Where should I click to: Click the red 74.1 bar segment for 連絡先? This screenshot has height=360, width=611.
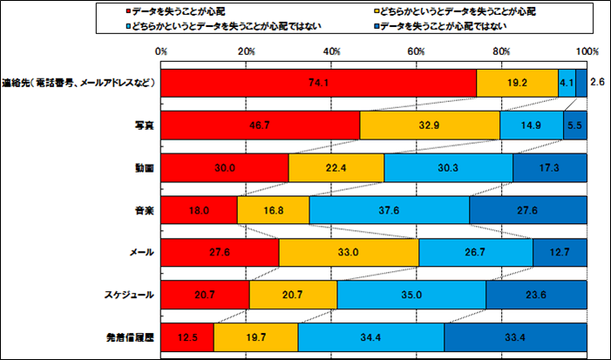click(318, 83)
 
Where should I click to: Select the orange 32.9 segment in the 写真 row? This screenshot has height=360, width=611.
click(429, 126)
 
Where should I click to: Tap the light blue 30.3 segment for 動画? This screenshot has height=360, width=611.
click(448, 167)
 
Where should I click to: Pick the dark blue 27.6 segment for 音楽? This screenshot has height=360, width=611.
click(527, 210)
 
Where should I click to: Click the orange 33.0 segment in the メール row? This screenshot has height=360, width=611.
click(349, 252)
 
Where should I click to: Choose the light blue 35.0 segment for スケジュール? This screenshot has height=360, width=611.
click(411, 295)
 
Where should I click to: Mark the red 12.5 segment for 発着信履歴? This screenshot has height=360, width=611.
click(187, 336)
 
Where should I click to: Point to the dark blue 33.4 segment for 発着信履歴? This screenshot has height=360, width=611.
click(515, 336)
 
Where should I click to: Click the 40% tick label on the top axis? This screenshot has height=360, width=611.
click(331, 52)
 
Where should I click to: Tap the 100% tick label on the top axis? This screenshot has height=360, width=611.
click(587, 52)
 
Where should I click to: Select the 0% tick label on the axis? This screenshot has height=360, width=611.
click(161, 52)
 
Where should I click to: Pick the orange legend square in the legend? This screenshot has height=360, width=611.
click(375, 13)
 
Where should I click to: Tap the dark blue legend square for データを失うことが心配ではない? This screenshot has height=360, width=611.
click(375, 27)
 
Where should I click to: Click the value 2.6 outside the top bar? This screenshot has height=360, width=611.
click(597, 82)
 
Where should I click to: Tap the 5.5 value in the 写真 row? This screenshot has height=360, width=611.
click(574, 126)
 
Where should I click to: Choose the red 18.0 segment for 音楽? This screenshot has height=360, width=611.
click(199, 210)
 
